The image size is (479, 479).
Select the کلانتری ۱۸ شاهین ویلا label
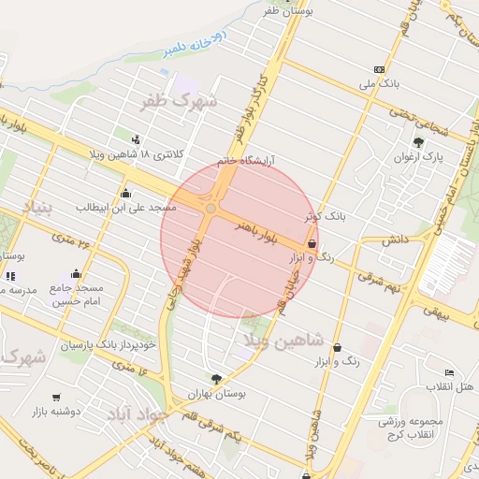pos(182,152)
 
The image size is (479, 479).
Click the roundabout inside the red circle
pos(211,208)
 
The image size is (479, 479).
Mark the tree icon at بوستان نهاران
pos(217,379)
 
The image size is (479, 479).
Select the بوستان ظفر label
pos(285,10)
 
